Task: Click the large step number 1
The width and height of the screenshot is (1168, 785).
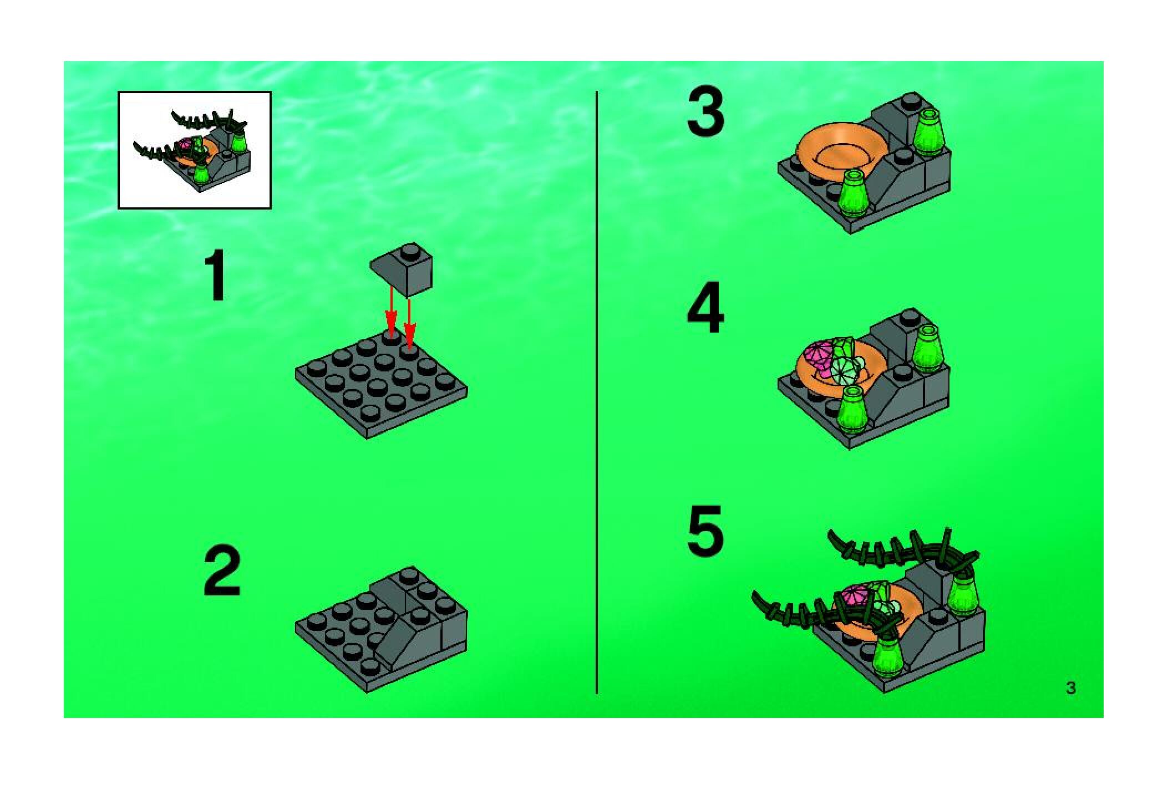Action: (218, 276)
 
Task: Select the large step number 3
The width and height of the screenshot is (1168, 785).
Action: (705, 114)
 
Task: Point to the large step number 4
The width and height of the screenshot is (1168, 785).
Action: (705, 308)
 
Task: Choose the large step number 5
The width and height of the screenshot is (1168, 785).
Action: (705, 531)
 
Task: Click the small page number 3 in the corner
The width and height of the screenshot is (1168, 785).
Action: (1070, 688)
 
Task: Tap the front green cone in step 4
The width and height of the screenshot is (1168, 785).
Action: (854, 409)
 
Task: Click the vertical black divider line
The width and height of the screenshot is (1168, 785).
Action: (596, 392)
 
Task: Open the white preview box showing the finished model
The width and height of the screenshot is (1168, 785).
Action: (194, 150)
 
